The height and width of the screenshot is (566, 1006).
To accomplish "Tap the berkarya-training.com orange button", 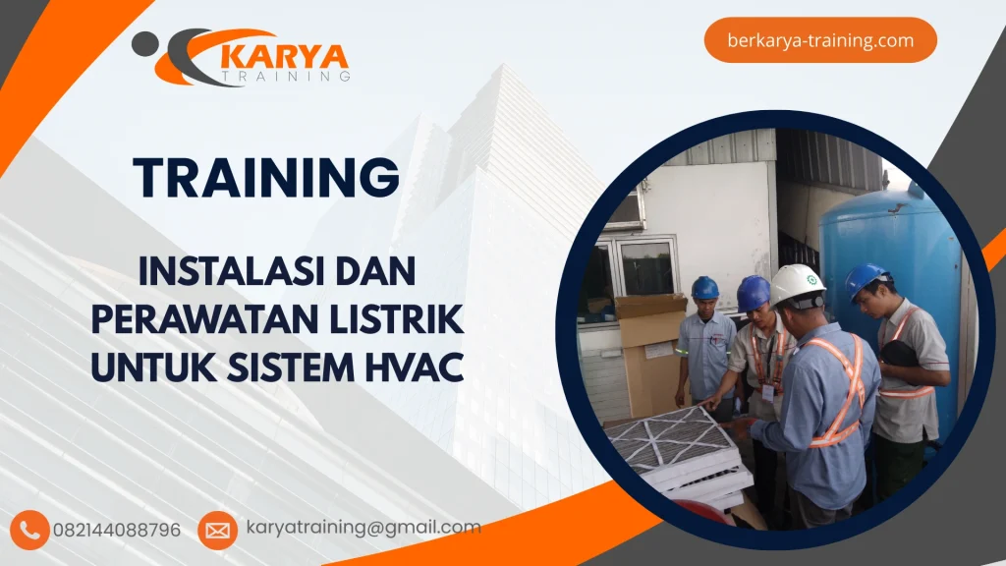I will tap(820, 40).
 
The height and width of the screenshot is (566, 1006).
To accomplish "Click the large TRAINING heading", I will tap(266, 178).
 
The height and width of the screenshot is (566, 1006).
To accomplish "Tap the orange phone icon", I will tap(30, 530).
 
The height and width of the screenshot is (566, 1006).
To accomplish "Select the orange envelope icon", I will tap(217, 530).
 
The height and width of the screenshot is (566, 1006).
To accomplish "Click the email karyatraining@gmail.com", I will tap(363, 528).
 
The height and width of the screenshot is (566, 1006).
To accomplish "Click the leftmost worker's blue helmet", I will tap(705, 287).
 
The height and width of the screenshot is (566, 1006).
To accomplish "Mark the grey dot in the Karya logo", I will tap(144, 42).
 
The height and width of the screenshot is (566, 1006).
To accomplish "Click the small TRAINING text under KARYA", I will tap(286, 76).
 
